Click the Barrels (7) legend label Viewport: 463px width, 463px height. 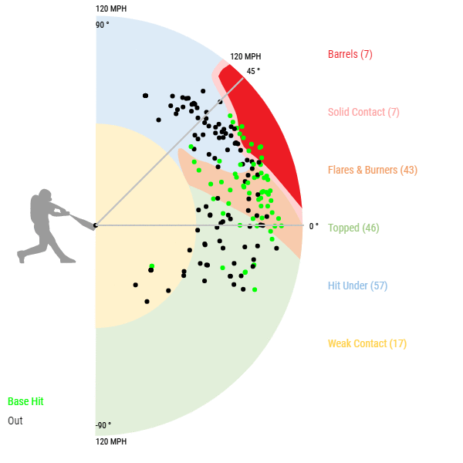point(350,54)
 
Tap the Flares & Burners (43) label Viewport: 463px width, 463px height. point(373,170)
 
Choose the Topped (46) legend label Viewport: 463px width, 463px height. point(353,228)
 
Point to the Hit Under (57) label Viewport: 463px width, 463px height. point(357,286)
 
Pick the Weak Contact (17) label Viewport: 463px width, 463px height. point(367,343)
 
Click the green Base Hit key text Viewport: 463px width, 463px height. point(25,402)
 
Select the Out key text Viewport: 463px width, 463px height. point(15,421)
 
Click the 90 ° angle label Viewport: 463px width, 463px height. point(103,25)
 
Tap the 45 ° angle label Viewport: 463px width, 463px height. point(253,71)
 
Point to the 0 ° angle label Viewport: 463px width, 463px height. point(313,226)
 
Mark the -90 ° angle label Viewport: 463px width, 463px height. point(103,426)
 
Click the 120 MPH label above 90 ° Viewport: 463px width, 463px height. point(111,9)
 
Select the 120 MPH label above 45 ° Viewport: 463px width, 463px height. point(245,56)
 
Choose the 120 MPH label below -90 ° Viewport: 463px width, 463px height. point(111,441)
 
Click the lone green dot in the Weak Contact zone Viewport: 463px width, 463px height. point(152,266)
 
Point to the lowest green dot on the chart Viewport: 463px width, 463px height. point(255,289)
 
